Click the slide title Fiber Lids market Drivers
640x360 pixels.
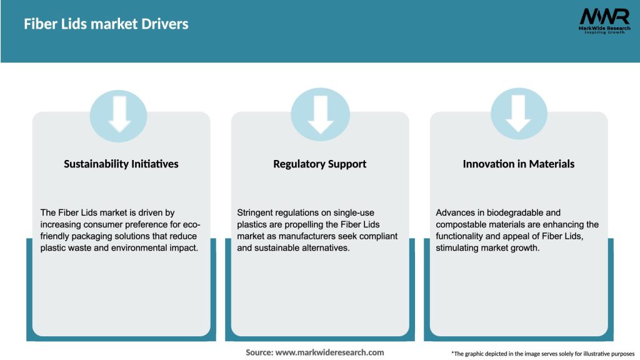click(x=106, y=24)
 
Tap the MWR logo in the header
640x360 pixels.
click(x=604, y=21)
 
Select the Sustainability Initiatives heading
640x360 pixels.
click(x=121, y=164)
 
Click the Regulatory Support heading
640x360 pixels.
click(x=319, y=164)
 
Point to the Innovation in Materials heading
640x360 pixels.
click(x=518, y=164)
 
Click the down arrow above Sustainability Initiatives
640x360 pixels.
click(x=119, y=114)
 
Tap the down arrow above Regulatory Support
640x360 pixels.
click(x=321, y=115)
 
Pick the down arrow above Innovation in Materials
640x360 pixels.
click(x=518, y=114)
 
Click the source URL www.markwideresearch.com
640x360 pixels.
click(x=329, y=352)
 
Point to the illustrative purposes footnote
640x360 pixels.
click(x=543, y=354)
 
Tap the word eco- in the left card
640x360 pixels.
click(x=191, y=224)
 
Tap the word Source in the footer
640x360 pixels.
click(x=259, y=352)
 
